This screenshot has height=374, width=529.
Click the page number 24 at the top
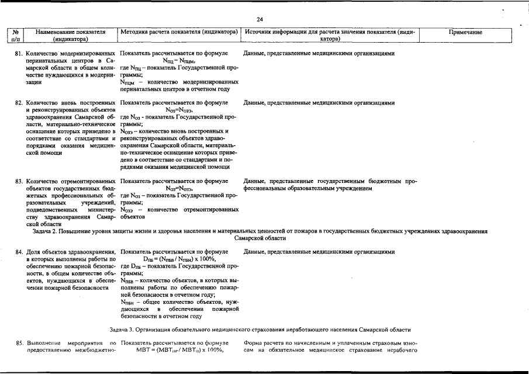tap(260, 19)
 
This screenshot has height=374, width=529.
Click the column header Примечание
tap(465, 33)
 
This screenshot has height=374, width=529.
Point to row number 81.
tap(19, 53)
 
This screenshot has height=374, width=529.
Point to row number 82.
tap(19, 103)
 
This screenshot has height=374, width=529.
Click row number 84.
tap(19, 252)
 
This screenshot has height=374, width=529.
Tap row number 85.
tap(19, 342)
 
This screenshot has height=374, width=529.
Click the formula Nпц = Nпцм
tap(179, 61)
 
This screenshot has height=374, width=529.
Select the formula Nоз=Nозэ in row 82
tap(179, 110)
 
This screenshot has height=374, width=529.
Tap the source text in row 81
tap(319, 53)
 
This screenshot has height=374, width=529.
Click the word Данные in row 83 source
tap(254, 181)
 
